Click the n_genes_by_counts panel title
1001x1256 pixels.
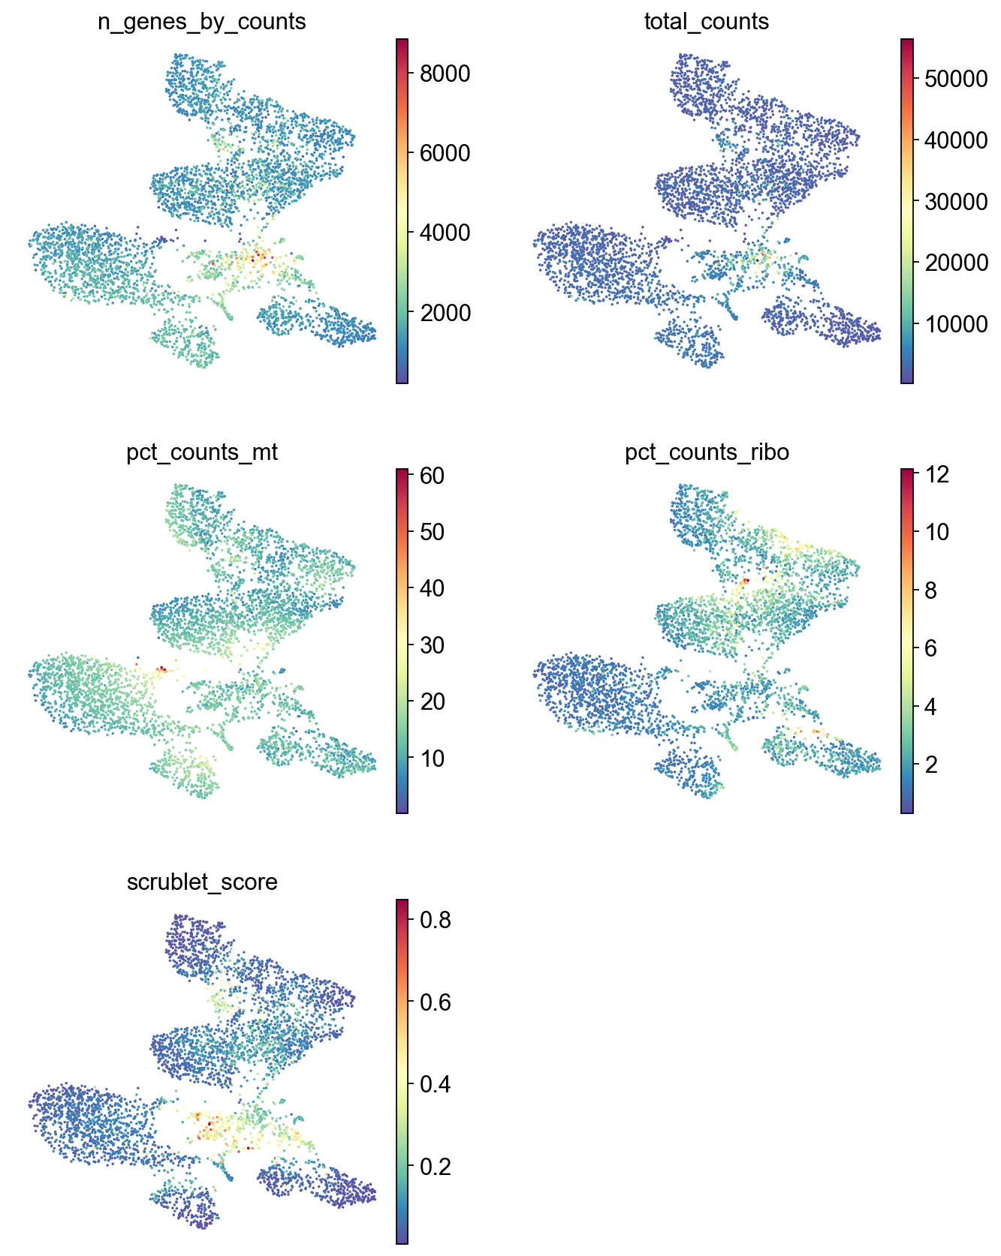(x=202, y=22)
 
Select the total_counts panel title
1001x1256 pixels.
(x=707, y=22)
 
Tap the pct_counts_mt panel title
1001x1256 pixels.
(x=202, y=452)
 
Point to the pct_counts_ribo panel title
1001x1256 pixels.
(x=707, y=452)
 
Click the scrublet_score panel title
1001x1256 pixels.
(x=202, y=882)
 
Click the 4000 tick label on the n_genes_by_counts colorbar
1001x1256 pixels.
(x=445, y=233)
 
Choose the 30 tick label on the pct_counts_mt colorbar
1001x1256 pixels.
(x=431, y=645)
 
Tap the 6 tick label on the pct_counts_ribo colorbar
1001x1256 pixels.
(x=930, y=648)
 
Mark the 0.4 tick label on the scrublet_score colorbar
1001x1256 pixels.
(x=436, y=1084)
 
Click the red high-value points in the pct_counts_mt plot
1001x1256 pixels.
(x=161, y=669)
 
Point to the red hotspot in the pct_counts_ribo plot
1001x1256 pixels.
(x=746, y=581)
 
